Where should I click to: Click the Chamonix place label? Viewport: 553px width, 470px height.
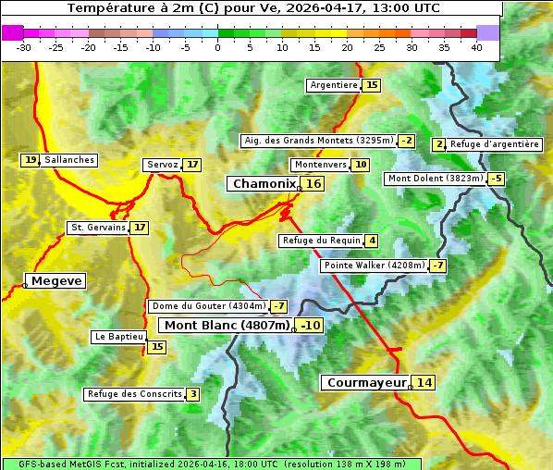tap(264, 184)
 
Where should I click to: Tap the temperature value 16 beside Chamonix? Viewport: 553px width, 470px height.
tap(314, 184)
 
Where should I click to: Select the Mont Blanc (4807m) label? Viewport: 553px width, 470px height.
tap(227, 325)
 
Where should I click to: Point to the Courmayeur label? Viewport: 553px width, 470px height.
tap(367, 382)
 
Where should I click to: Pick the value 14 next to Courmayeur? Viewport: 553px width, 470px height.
tap(424, 382)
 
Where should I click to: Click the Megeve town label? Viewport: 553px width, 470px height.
tap(56, 280)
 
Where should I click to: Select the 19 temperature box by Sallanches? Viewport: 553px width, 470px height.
tap(31, 160)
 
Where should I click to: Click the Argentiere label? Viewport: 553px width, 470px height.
tap(334, 85)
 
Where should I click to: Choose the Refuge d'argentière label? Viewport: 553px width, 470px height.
tap(495, 144)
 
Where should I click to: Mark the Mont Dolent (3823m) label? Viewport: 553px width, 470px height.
tap(436, 179)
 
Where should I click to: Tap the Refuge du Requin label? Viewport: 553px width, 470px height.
tap(320, 241)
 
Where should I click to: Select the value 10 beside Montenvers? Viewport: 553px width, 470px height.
tap(361, 165)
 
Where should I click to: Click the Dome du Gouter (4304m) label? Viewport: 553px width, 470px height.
tap(208, 306)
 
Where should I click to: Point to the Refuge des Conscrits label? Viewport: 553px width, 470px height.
tap(134, 394)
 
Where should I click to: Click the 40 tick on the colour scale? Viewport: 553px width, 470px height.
tap(476, 46)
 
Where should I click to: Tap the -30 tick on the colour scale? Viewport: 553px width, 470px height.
tap(24, 46)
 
